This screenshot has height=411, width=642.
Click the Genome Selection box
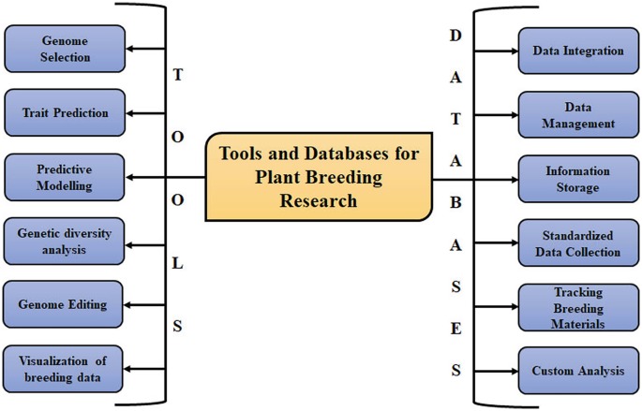65,49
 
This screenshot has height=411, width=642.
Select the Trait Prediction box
65,112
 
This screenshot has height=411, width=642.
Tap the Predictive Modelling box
65,177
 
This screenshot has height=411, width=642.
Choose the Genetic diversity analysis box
64,242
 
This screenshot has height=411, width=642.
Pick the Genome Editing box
63,304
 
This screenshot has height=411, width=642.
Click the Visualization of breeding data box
63,369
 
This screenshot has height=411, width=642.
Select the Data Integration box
578,51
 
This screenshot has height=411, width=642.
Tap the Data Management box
578,115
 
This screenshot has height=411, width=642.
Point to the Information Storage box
578,179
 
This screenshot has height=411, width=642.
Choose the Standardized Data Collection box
578,242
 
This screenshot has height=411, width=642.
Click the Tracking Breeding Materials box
578,307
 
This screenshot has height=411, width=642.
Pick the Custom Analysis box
578,371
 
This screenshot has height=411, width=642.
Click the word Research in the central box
319,200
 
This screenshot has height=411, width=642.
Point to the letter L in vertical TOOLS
177,264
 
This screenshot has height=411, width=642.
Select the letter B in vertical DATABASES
455,202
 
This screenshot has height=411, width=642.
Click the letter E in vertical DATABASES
455,329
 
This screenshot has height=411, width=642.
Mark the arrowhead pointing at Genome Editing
127,305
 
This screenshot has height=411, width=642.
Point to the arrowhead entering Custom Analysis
515,372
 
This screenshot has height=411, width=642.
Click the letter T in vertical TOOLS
178,75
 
